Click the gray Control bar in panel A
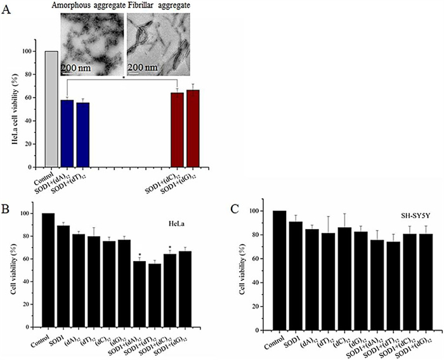(51, 108)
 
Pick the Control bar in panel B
(48, 270)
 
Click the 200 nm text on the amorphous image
(76, 67)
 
